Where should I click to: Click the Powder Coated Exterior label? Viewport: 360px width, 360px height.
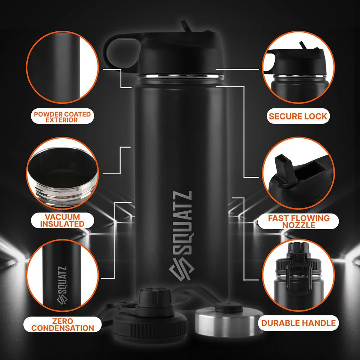coord(62,117)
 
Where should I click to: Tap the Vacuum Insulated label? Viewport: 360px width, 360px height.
coord(62,220)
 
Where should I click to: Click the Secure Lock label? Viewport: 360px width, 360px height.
coord(298,116)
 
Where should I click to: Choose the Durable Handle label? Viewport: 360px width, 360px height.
coord(298,323)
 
